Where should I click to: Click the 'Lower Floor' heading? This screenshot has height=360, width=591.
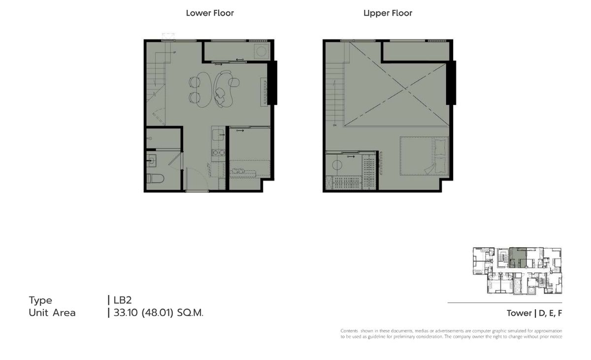210,13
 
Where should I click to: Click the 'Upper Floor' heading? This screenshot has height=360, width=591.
388,13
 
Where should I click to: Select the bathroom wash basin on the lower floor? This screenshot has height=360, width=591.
152,161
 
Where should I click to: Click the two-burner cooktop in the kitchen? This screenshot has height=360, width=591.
219,153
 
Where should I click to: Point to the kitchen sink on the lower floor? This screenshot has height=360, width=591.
218,134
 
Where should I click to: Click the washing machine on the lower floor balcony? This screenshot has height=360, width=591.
262,51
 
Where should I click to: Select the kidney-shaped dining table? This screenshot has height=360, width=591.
204,90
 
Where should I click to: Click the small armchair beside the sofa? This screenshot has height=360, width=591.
234,82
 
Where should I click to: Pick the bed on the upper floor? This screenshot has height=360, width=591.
424,156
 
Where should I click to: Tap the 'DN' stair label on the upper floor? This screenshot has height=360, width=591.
334,125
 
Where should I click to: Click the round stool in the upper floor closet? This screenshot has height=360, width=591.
337,165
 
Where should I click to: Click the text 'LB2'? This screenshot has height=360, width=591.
123,300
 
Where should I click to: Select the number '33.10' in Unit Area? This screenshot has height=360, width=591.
126,313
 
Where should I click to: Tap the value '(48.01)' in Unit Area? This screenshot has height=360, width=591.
158,313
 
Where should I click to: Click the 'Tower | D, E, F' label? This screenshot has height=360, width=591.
534,313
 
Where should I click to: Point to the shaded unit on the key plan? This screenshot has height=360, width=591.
518,258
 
